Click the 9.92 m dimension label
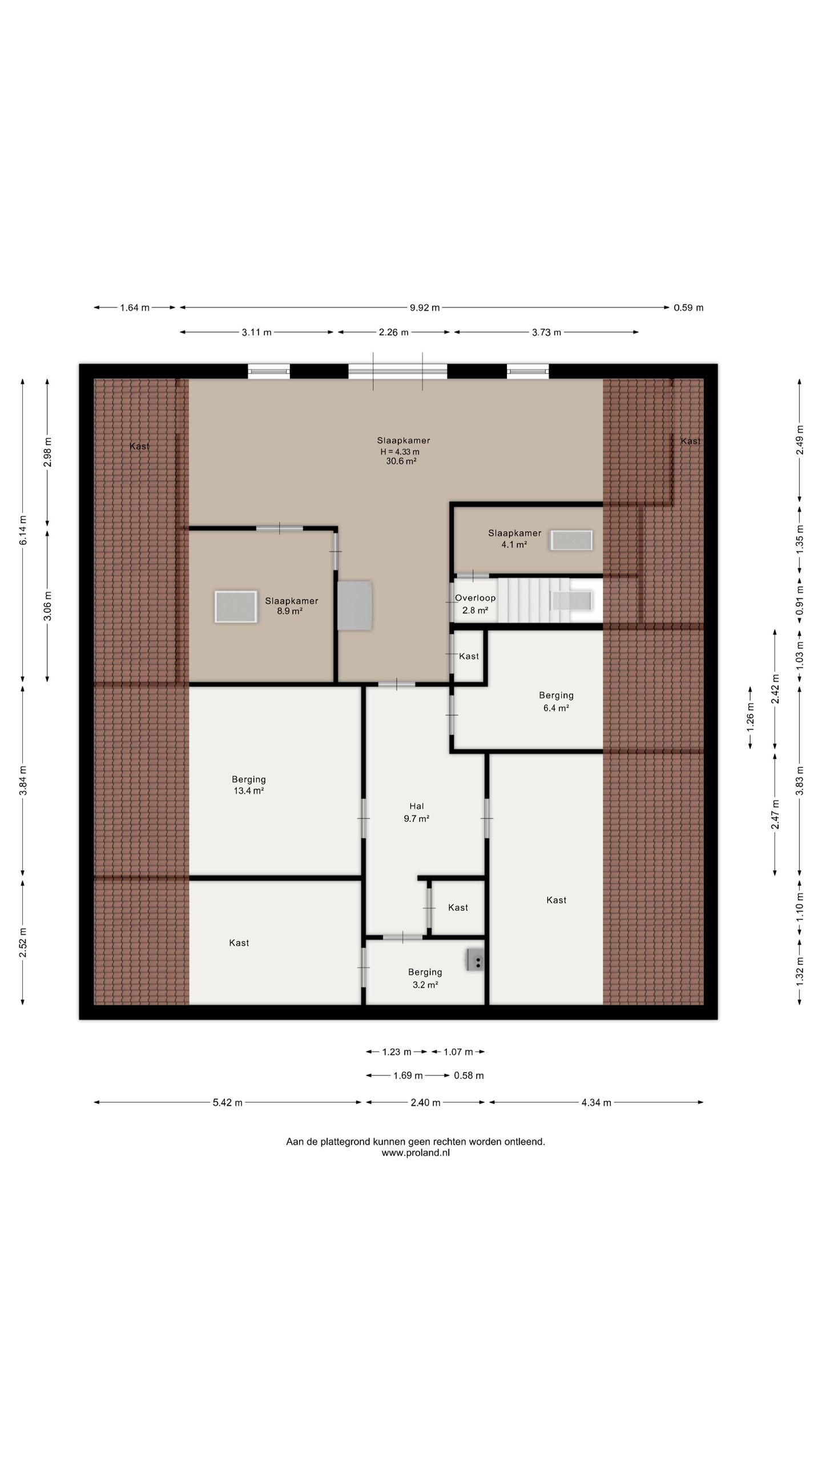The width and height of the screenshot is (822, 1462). coord(425,308)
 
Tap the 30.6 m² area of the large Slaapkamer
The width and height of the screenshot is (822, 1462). coord(401,461)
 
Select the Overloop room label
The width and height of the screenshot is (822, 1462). coord(475,598)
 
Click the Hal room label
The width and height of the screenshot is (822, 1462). coord(417,806)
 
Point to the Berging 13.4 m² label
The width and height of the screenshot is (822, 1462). coord(248,785)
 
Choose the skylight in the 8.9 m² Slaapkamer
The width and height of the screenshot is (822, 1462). coord(236,607)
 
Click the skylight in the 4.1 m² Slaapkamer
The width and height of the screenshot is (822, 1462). coord(571,540)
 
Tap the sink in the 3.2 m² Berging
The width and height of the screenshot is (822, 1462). coord(475,959)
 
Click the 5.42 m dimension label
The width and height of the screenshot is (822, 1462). coord(228,1102)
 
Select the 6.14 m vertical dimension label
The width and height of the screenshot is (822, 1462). coord(23,530)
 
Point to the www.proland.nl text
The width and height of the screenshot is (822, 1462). coord(416,1152)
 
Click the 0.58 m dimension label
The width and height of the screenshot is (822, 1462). coord(469,1075)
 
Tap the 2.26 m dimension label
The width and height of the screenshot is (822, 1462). coord(393,332)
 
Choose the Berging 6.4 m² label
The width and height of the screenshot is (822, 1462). coord(556,701)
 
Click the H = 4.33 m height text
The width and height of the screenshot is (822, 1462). coord(400,452)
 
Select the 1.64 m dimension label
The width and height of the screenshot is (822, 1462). coord(135,308)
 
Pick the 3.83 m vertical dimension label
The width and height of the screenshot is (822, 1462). coord(800,780)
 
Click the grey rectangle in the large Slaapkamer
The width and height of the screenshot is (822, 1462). coord(354,605)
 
